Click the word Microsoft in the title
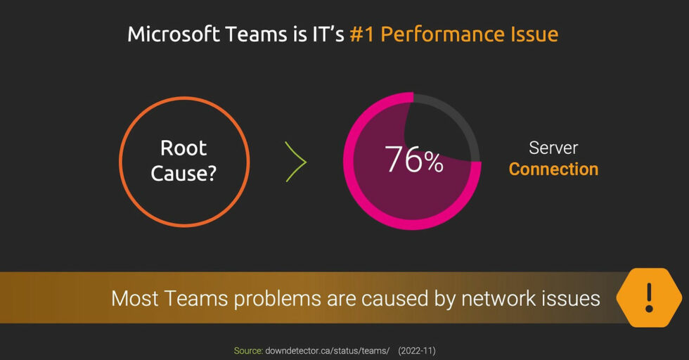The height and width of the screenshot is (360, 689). [174, 34]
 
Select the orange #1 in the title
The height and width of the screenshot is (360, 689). [361, 34]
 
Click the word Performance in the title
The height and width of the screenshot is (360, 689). [442, 34]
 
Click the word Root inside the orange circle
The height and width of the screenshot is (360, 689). [183, 148]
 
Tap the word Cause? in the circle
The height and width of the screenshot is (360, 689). [183, 173]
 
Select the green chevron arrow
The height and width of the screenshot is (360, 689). [296, 161]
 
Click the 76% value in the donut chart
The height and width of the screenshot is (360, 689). [413, 159]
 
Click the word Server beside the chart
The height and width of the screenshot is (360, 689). [553, 148]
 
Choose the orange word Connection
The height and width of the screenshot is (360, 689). [554, 169]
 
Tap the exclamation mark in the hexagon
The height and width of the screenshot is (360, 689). [649, 297]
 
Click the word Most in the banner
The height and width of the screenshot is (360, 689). [135, 298]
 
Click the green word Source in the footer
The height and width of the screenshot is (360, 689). [248, 351]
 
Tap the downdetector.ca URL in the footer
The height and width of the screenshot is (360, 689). [328, 351]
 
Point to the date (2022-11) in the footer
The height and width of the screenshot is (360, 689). [416, 351]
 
